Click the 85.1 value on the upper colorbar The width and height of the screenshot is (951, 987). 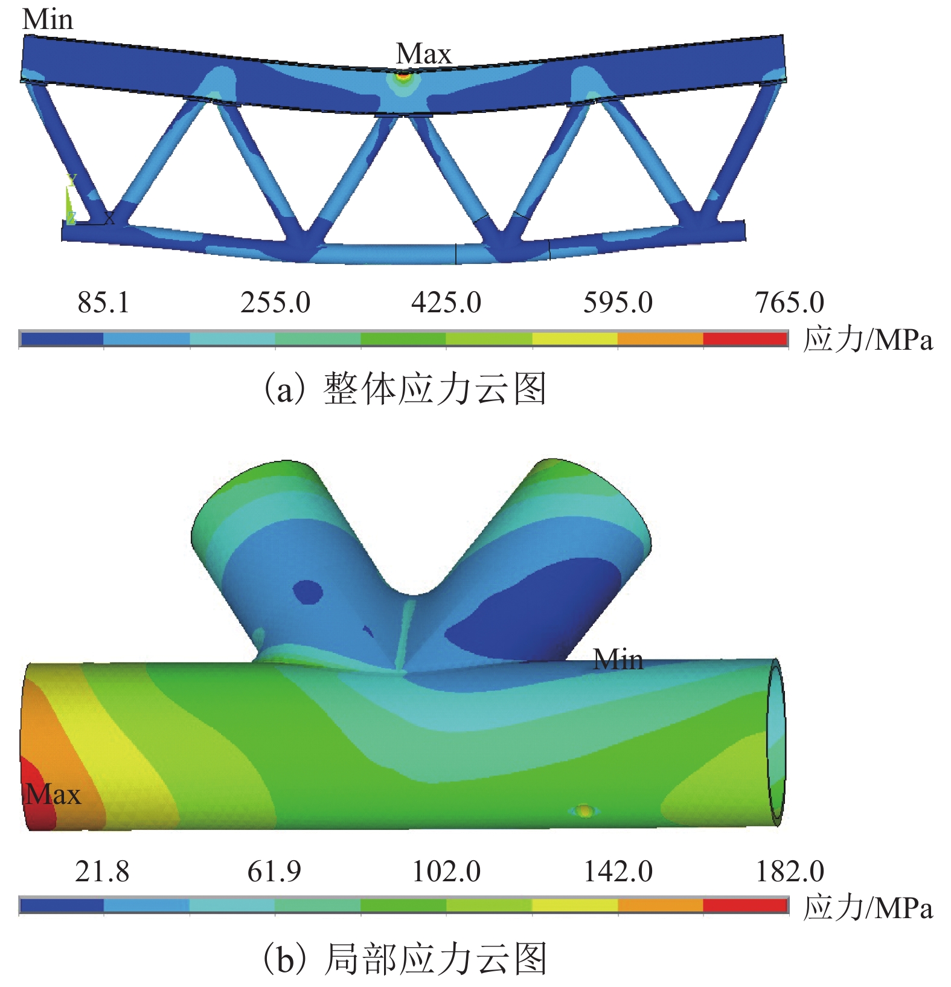pyautogui.click(x=103, y=302)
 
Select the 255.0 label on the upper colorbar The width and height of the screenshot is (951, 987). pyautogui.click(x=275, y=302)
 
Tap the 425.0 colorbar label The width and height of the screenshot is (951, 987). pyautogui.click(x=446, y=302)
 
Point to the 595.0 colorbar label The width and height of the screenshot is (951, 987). pyautogui.click(x=618, y=302)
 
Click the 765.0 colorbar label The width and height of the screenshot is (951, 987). pyautogui.click(x=789, y=302)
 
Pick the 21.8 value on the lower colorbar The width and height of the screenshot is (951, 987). pyautogui.click(x=102, y=872)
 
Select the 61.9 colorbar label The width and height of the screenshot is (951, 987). pyautogui.click(x=274, y=872)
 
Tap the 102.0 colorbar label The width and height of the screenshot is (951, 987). pyautogui.click(x=446, y=872)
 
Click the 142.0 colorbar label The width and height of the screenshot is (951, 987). pyautogui.click(x=618, y=872)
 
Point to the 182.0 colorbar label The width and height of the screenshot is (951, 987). pyautogui.click(x=790, y=872)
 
